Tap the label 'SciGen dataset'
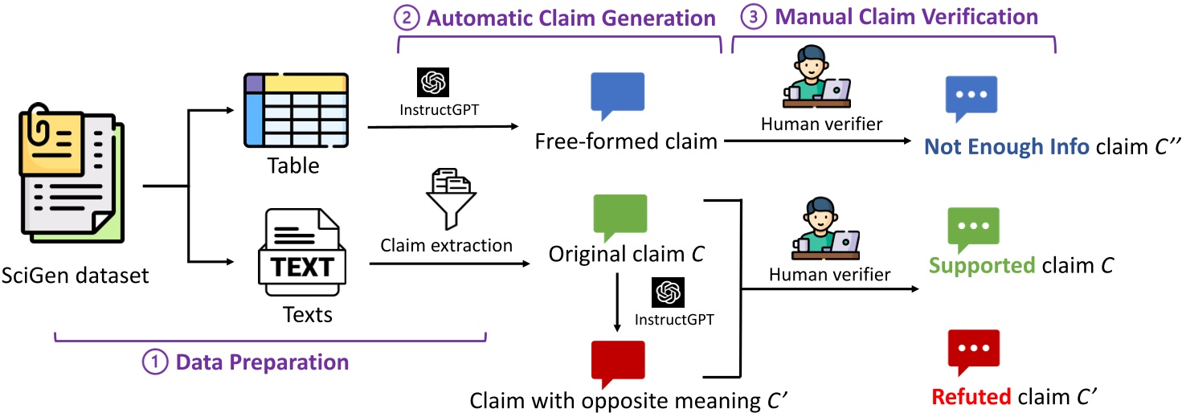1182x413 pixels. click(x=76, y=276)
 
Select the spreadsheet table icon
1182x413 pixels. click(x=295, y=112)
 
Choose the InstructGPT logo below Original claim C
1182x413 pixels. click(x=669, y=292)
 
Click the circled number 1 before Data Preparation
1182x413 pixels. click(x=153, y=362)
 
